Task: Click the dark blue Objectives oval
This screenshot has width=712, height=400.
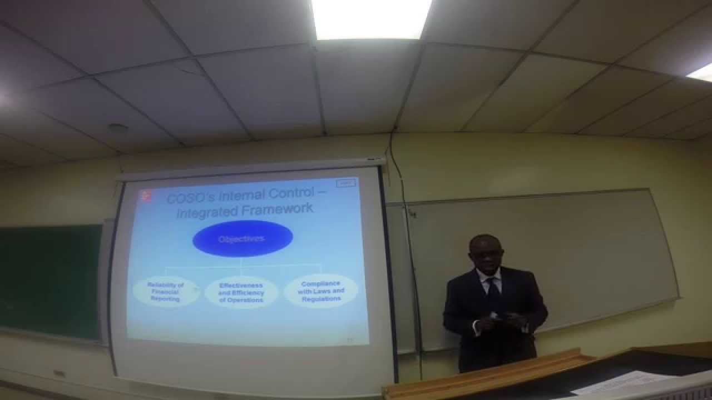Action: pyautogui.click(x=242, y=239)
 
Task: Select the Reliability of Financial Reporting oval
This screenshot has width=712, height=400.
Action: pyautogui.click(x=165, y=292)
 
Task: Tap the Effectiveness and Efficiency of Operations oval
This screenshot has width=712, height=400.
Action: pyautogui.click(x=241, y=293)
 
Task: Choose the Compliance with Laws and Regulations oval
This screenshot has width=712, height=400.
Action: pyautogui.click(x=320, y=291)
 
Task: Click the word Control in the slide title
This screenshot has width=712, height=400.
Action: pyautogui.click(x=284, y=195)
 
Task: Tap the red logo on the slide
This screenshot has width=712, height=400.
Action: pyautogui.click(x=146, y=194)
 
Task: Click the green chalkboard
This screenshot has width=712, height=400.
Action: pyautogui.click(x=50, y=281)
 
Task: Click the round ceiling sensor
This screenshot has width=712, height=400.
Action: pyautogui.click(x=117, y=128)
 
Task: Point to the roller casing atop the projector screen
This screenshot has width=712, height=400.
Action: pyautogui.click(x=250, y=169)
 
